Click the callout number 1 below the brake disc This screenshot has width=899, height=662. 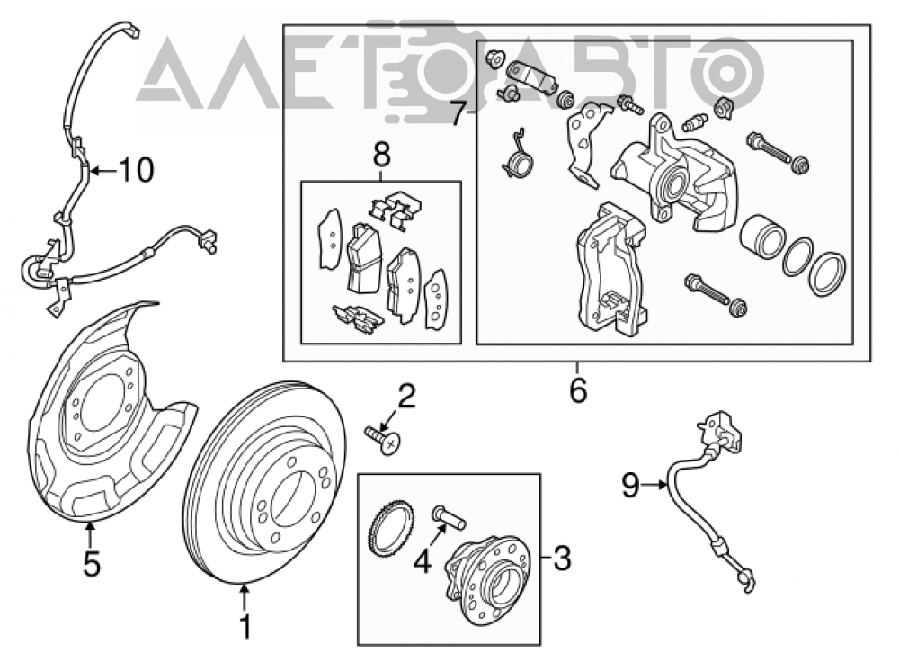pyautogui.click(x=245, y=626)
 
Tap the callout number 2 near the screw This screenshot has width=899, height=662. pyautogui.click(x=406, y=397)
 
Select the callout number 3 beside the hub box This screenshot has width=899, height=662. pyautogui.click(x=563, y=559)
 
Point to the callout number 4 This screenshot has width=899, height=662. pyautogui.click(x=423, y=561)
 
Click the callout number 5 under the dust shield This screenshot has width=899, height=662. pyautogui.click(x=92, y=563)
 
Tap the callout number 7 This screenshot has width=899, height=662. pyautogui.click(x=457, y=113)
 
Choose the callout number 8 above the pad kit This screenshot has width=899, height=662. pyautogui.click(x=381, y=154)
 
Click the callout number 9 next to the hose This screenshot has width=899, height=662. pyautogui.click(x=631, y=486)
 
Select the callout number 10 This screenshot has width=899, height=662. pyautogui.click(x=137, y=170)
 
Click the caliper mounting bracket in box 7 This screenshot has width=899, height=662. pyautogui.click(x=610, y=270)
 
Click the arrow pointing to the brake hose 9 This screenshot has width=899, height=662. pyautogui.click(x=654, y=486)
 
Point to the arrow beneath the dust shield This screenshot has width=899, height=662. pyautogui.click(x=89, y=532)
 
